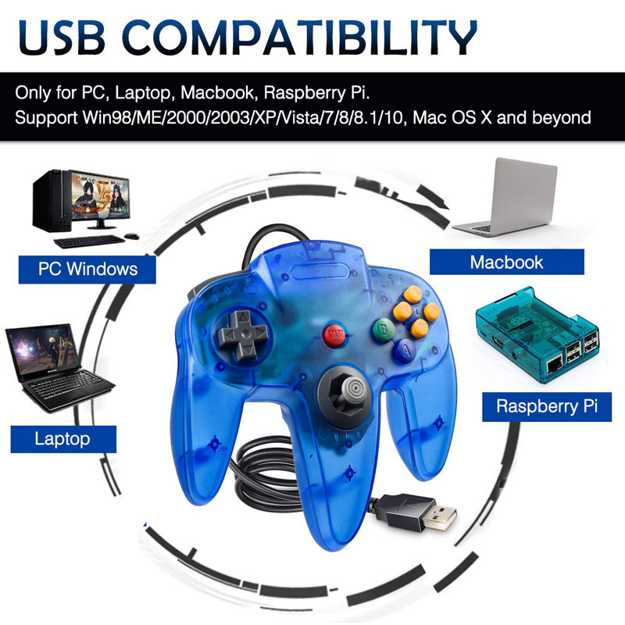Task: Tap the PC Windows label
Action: [x=87, y=270]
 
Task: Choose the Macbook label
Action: [x=506, y=262]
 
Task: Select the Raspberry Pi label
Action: [x=546, y=406]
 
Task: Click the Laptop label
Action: [x=62, y=438]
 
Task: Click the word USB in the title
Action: [x=74, y=36]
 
